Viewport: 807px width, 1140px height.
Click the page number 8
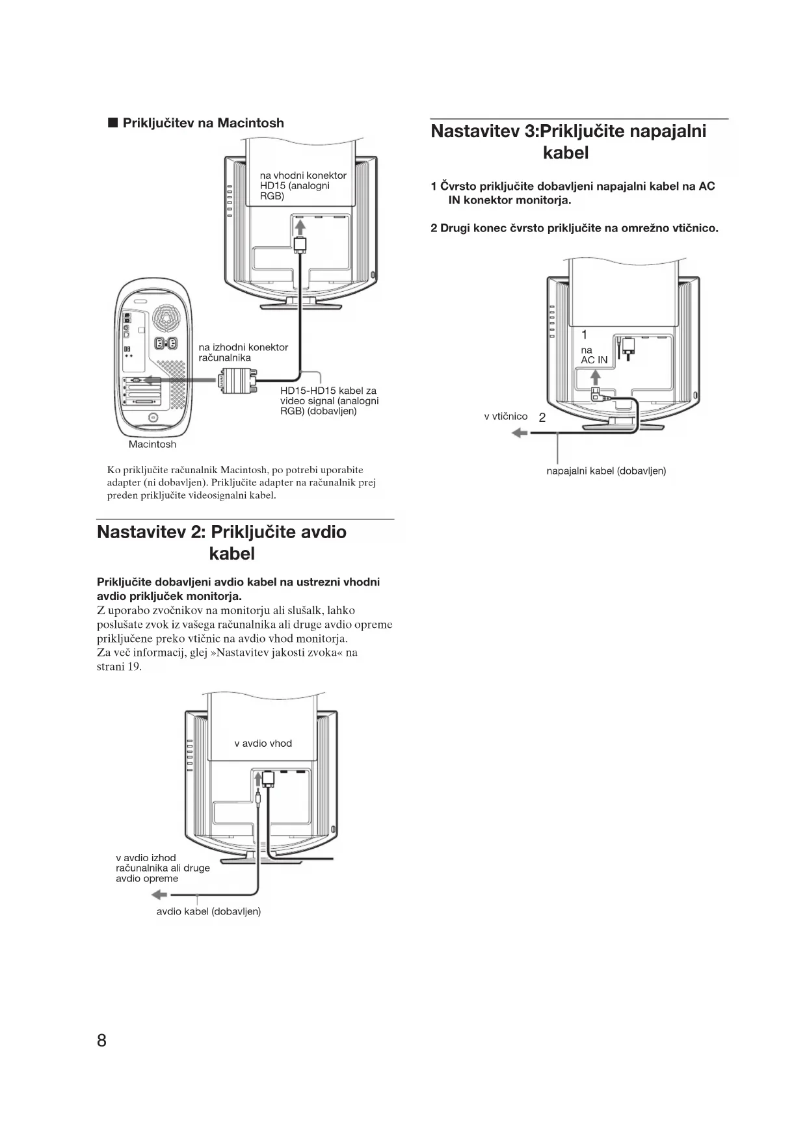101,1041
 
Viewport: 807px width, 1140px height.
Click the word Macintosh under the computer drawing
152,445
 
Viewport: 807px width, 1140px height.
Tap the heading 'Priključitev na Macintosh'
203,123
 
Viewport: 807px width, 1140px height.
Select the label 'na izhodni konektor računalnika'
243,352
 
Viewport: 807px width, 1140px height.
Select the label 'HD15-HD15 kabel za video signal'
329,401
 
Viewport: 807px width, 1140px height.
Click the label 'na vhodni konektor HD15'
303,185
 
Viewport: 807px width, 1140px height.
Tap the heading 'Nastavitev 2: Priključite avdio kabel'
222,543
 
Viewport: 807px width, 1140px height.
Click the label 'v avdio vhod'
263,744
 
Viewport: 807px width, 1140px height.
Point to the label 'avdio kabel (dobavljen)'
208,912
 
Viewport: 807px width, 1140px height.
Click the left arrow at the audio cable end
159,896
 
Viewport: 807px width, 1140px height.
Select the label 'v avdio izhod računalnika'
163,868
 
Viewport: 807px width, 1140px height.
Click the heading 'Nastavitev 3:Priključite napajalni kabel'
568,142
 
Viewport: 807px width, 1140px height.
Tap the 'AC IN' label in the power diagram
594,360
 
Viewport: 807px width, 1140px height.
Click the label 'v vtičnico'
505,417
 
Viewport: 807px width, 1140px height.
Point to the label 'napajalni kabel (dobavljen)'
606,471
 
